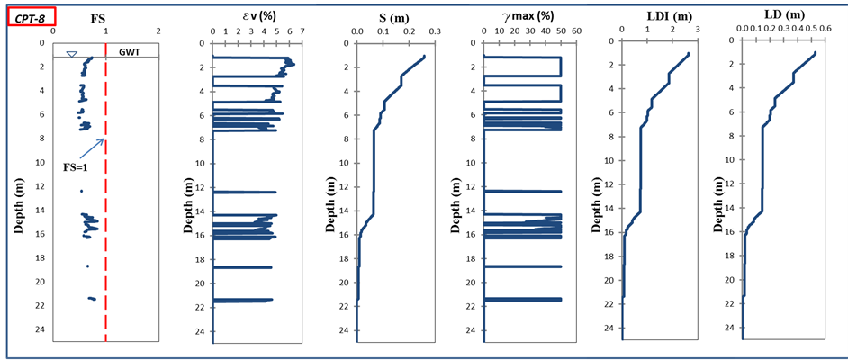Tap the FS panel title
coord(100,17)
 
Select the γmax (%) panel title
coord(524,18)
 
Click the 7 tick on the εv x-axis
coord(302,31)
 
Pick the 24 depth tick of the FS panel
coord(41,329)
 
